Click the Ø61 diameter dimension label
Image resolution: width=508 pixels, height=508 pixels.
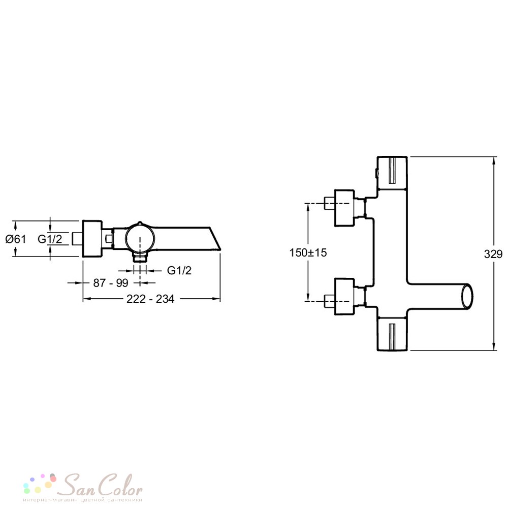[16, 239]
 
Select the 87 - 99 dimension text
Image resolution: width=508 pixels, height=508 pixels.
[111, 283]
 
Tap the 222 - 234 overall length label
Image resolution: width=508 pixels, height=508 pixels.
[150, 299]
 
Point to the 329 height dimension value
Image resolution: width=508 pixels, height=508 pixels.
[493, 254]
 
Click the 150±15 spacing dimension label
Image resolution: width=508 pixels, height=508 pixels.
[308, 252]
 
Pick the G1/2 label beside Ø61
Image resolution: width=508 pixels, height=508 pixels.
[50, 239]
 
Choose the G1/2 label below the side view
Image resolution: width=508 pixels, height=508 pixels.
[179, 270]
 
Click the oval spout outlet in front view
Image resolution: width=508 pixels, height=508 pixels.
[467, 296]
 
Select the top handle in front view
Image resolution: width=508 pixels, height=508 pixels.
[392, 173]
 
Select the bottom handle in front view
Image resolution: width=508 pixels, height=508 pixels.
[392, 333]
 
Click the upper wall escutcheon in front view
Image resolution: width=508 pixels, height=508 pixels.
[344, 208]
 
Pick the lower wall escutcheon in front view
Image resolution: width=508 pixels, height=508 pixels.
[344, 297]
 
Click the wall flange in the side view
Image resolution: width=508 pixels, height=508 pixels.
[92, 239]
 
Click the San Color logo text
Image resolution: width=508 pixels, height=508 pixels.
[103, 485]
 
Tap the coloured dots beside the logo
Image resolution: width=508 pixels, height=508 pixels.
[40, 484]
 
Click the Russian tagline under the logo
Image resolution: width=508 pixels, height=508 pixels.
[83, 500]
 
